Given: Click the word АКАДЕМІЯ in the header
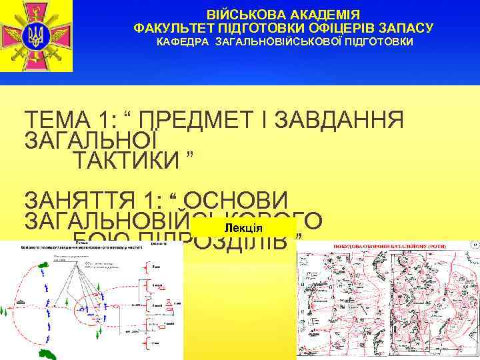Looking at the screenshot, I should point(327,14).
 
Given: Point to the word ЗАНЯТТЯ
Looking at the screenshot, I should point(73,200).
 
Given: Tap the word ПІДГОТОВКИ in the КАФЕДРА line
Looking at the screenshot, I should point(379,42).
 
